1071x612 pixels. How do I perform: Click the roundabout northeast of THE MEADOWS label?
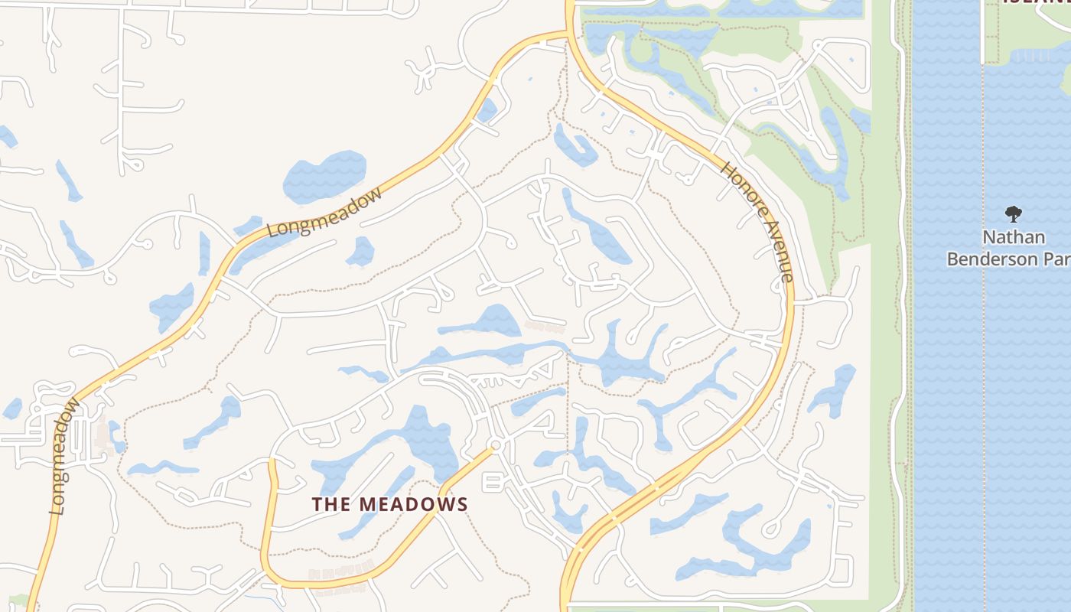(496, 444)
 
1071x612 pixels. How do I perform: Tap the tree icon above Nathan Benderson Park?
(1014, 213)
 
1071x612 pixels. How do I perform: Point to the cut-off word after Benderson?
(1060, 259)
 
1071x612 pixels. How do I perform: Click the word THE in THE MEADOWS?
(332, 504)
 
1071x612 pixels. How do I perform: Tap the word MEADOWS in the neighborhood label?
(413, 504)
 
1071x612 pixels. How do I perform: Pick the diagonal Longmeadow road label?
(324, 213)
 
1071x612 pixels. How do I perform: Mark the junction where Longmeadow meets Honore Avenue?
(568, 33)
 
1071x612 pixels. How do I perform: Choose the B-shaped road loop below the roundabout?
(492, 482)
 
